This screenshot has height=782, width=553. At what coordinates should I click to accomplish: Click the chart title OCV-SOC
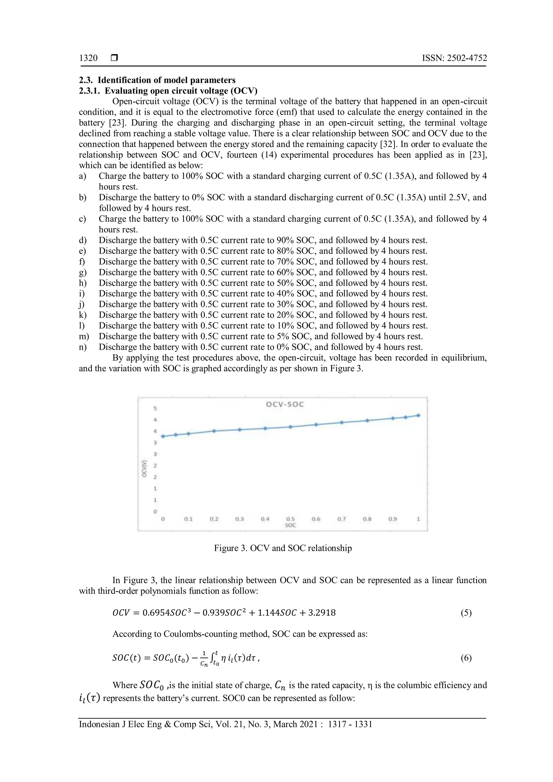tap(285, 404)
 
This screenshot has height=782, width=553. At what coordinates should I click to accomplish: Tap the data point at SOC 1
tap(418, 415)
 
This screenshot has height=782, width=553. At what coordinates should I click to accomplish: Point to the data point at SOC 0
tap(163, 436)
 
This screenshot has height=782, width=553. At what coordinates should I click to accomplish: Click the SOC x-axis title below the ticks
tap(291, 525)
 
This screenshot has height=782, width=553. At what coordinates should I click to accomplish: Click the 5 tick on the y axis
tap(155, 408)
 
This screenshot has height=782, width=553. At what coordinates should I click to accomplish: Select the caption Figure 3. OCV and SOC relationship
tap(283, 548)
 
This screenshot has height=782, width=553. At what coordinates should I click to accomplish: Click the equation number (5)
tap(466, 613)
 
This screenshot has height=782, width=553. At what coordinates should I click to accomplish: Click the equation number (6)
tap(466, 658)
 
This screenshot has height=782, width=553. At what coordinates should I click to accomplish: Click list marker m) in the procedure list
tap(84, 336)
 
